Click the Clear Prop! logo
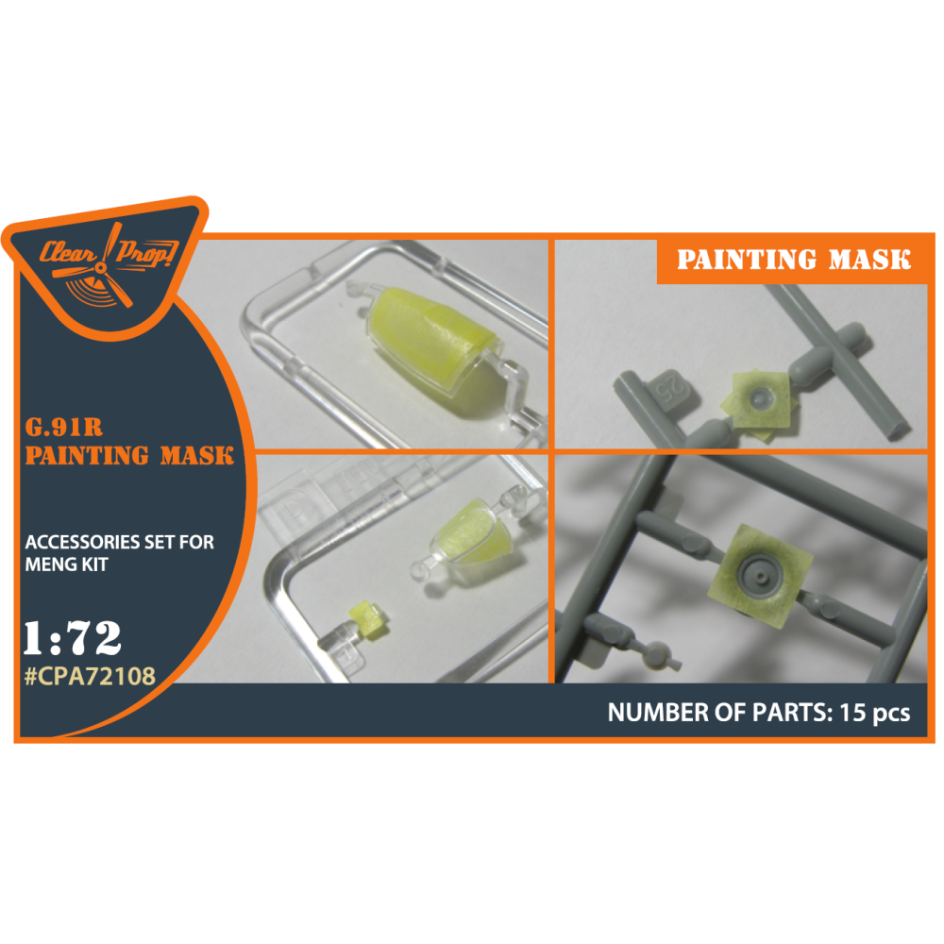point(109,265)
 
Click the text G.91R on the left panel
point(64,427)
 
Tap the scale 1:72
point(73,638)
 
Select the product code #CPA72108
point(90,676)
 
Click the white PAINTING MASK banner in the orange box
point(794,260)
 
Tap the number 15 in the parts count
point(852,713)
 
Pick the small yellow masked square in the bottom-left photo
point(363,619)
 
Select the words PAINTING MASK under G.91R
point(129,456)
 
